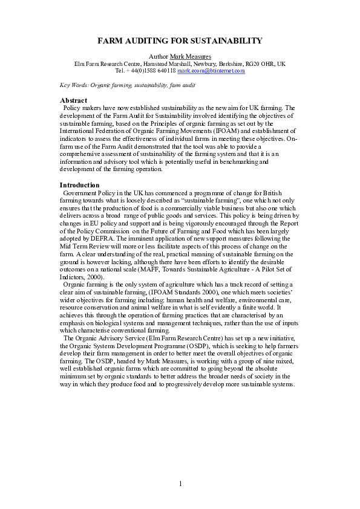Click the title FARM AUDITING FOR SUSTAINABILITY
180,41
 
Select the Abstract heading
73,100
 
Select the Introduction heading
80,184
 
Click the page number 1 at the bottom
180,482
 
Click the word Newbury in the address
195,63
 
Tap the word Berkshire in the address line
224,63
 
